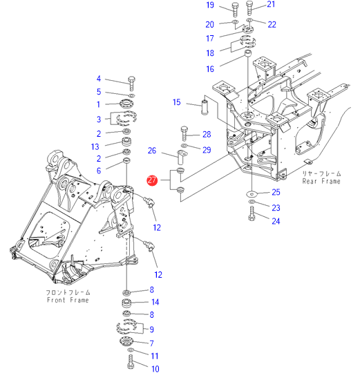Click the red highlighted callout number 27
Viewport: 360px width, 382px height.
pos(152,180)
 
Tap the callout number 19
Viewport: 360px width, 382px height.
pos(210,5)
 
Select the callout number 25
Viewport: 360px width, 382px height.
pos(276,192)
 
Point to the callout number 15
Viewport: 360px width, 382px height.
pos(177,102)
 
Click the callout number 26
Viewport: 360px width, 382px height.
pos(152,151)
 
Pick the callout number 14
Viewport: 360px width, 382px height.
pos(155,302)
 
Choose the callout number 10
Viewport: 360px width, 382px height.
pos(155,369)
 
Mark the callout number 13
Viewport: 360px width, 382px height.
pos(95,146)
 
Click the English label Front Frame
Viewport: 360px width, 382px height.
pos(68,300)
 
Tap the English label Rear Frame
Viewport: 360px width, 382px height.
pos(321,181)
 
